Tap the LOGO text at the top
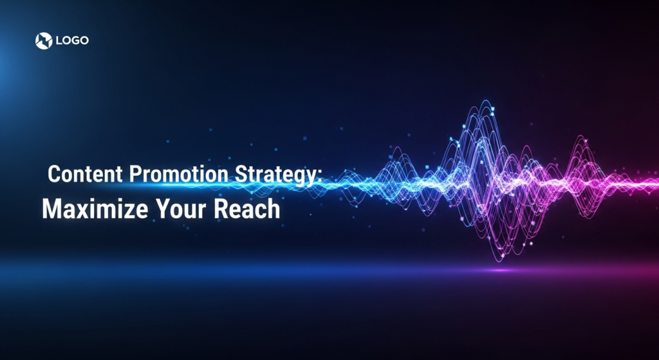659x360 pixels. point(72,41)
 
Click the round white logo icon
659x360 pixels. point(43,41)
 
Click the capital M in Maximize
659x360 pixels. point(51,209)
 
